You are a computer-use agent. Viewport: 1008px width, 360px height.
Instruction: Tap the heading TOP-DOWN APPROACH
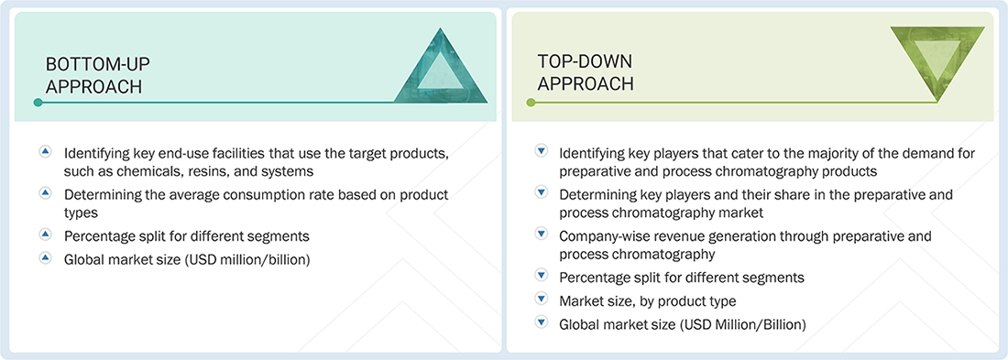click(586, 72)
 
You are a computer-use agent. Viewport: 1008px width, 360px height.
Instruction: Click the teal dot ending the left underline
click(38, 103)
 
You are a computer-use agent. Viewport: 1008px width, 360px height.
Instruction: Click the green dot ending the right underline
click(530, 103)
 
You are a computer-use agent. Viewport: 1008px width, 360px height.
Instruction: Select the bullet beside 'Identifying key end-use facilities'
click(46, 151)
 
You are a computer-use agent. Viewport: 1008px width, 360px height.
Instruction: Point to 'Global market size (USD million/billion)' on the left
click(187, 259)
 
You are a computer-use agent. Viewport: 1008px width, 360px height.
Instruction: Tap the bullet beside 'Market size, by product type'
click(541, 300)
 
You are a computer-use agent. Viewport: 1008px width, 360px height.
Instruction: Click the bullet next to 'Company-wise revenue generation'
click(541, 236)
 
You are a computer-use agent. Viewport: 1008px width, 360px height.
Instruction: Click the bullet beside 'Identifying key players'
click(541, 151)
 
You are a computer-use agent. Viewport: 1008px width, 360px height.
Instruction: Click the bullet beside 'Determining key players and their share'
click(541, 194)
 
